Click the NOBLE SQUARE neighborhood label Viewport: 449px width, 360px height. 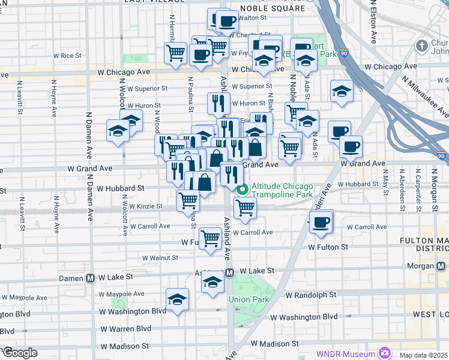(268, 9)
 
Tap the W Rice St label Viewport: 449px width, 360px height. (67, 56)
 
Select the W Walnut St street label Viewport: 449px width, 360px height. (160, 257)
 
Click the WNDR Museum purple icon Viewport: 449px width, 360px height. (385, 353)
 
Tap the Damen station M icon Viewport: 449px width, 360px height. (91, 278)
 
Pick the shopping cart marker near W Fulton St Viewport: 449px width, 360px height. (210, 238)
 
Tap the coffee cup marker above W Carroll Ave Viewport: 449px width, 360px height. (321, 221)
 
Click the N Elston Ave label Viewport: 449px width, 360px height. (373, 22)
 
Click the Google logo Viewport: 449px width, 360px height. (19, 353)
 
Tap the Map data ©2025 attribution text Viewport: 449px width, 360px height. (424, 353)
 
